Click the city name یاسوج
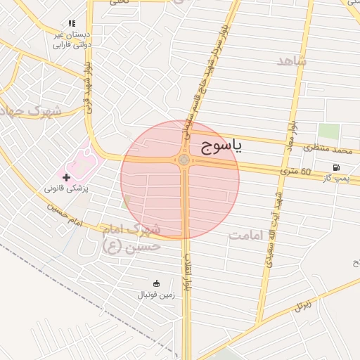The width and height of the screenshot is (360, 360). [x=221, y=146]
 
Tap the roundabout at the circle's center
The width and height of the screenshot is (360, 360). [x=184, y=160]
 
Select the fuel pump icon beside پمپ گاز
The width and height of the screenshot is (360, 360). [x=337, y=167]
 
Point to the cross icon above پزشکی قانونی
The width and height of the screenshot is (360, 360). [x=67, y=177]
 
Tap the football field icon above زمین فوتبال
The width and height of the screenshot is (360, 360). [x=156, y=283]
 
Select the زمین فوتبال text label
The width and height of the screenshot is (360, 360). [x=155, y=295]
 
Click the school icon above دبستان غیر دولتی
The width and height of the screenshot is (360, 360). [x=72, y=23]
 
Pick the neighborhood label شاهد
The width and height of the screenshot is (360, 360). [x=292, y=61]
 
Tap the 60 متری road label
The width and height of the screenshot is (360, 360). [x=295, y=171]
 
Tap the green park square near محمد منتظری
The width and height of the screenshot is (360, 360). [x=328, y=131]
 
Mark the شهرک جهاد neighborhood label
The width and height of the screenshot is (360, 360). [x=32, y=111]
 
